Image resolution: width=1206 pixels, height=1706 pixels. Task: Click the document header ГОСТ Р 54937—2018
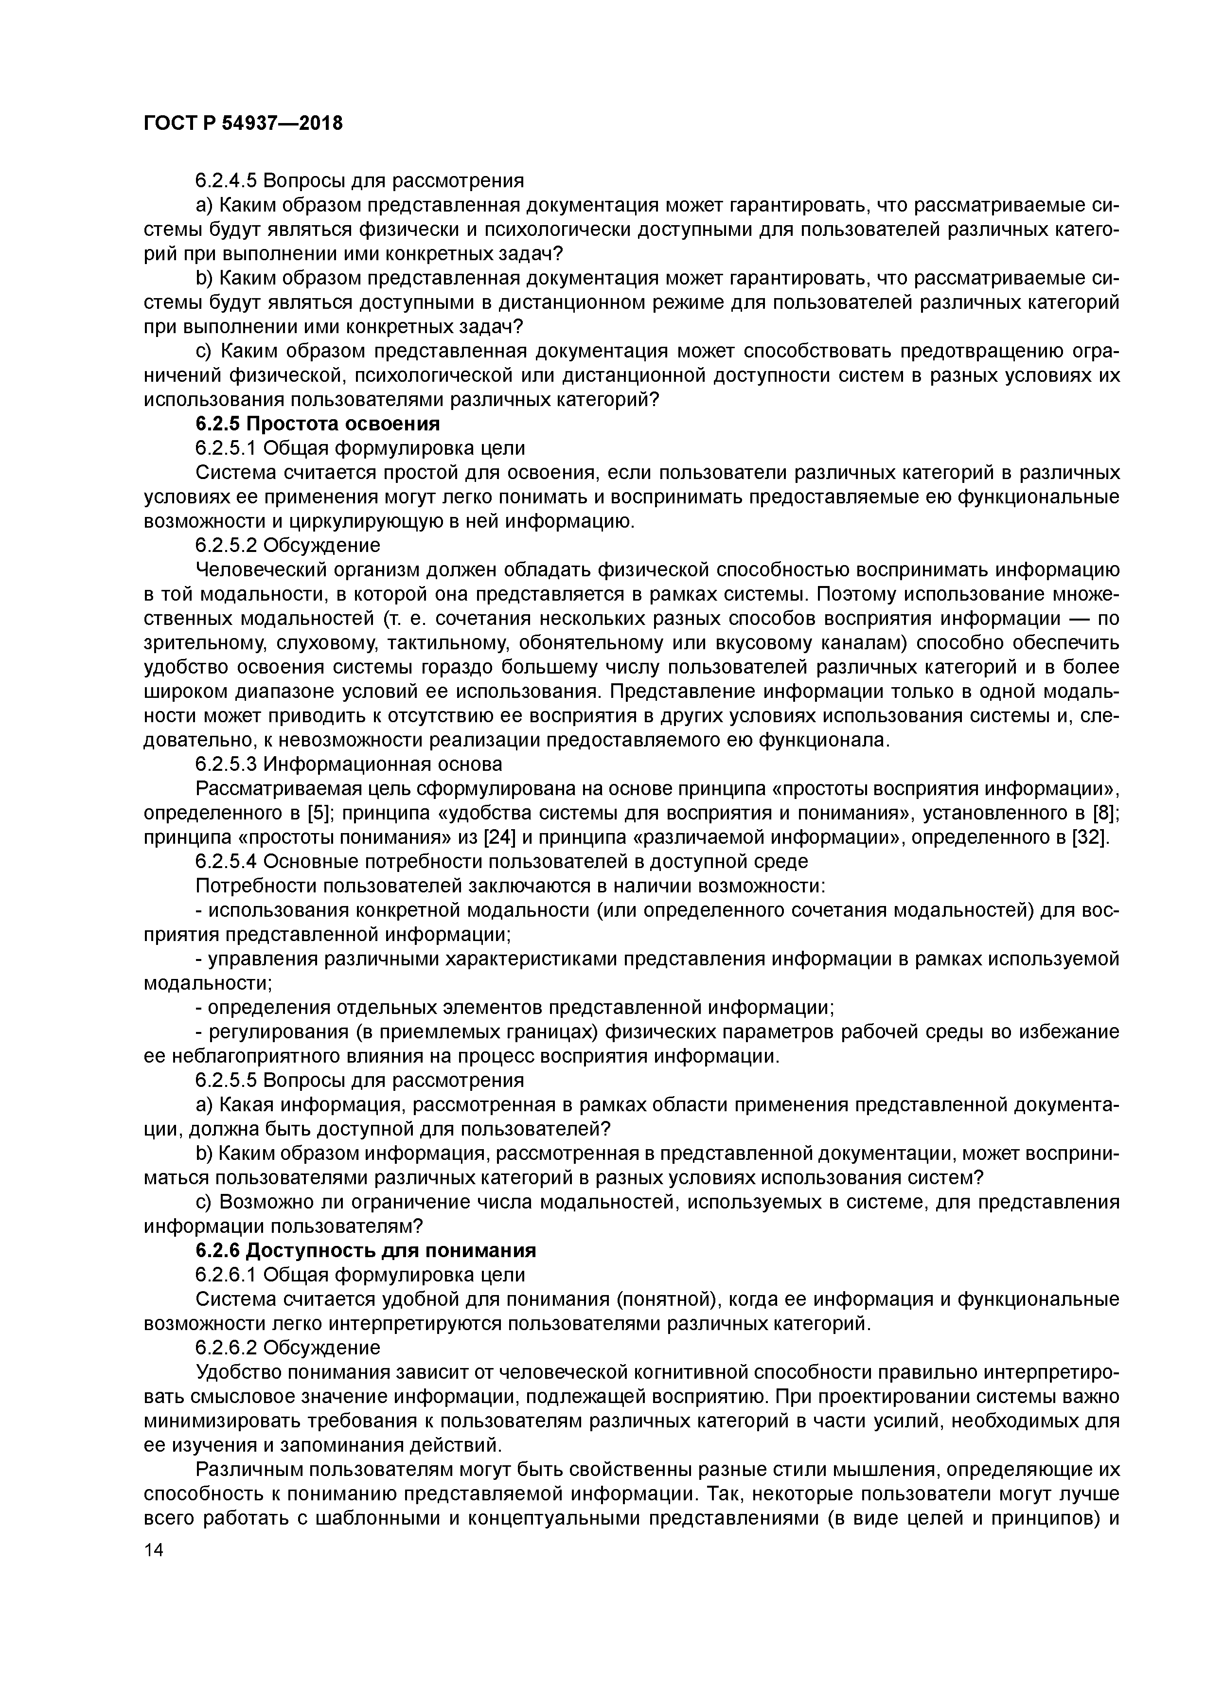[x=243, y=124]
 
